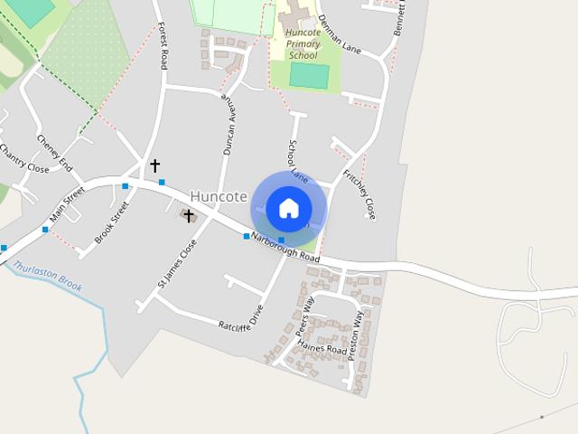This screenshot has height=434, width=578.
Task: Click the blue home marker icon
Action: coord(288,208)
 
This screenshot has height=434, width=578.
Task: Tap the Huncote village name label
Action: coord(219,196)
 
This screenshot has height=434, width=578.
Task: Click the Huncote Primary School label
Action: coord(303,43)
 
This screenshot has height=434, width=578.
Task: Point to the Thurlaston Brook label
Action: coord(48,276)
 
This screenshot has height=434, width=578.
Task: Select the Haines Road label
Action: coord(322,348)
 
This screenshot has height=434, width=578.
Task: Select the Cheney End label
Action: coord(53,152)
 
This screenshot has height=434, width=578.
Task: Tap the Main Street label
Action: coord(67,204)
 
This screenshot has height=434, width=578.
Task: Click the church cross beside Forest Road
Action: coord(154,165)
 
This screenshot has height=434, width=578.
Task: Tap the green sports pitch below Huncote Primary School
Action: coord(309,75)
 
